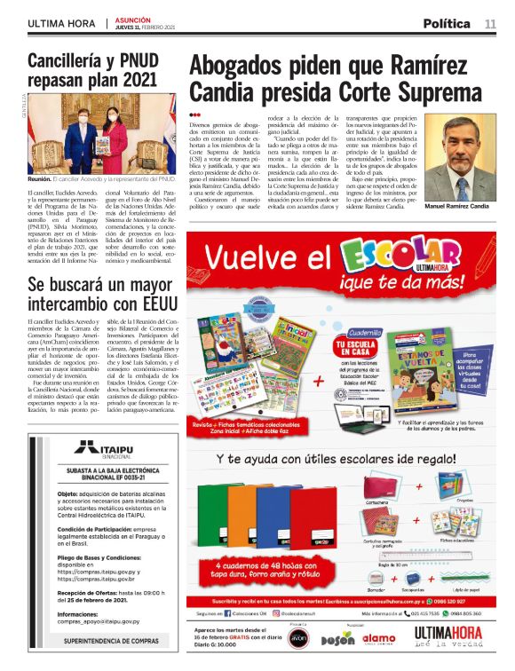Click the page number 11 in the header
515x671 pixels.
pos(490,23)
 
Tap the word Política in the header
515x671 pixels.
pos(451,23)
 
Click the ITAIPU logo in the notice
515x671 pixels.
pos(105,447)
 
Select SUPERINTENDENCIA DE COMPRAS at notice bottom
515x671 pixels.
pos(105,639)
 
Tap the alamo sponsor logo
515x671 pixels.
pos(380,638)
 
